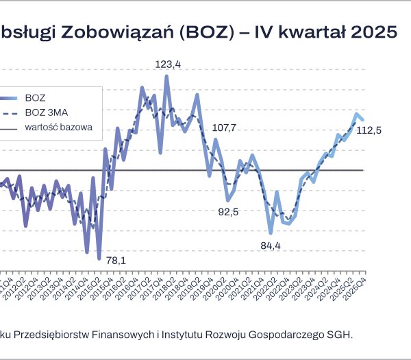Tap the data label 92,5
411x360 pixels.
(x=228, y=212)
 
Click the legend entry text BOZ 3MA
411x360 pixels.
(x=45, y=112)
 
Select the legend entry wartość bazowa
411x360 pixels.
(x=58, y=127)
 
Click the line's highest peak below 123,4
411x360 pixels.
(x=166, y=76)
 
